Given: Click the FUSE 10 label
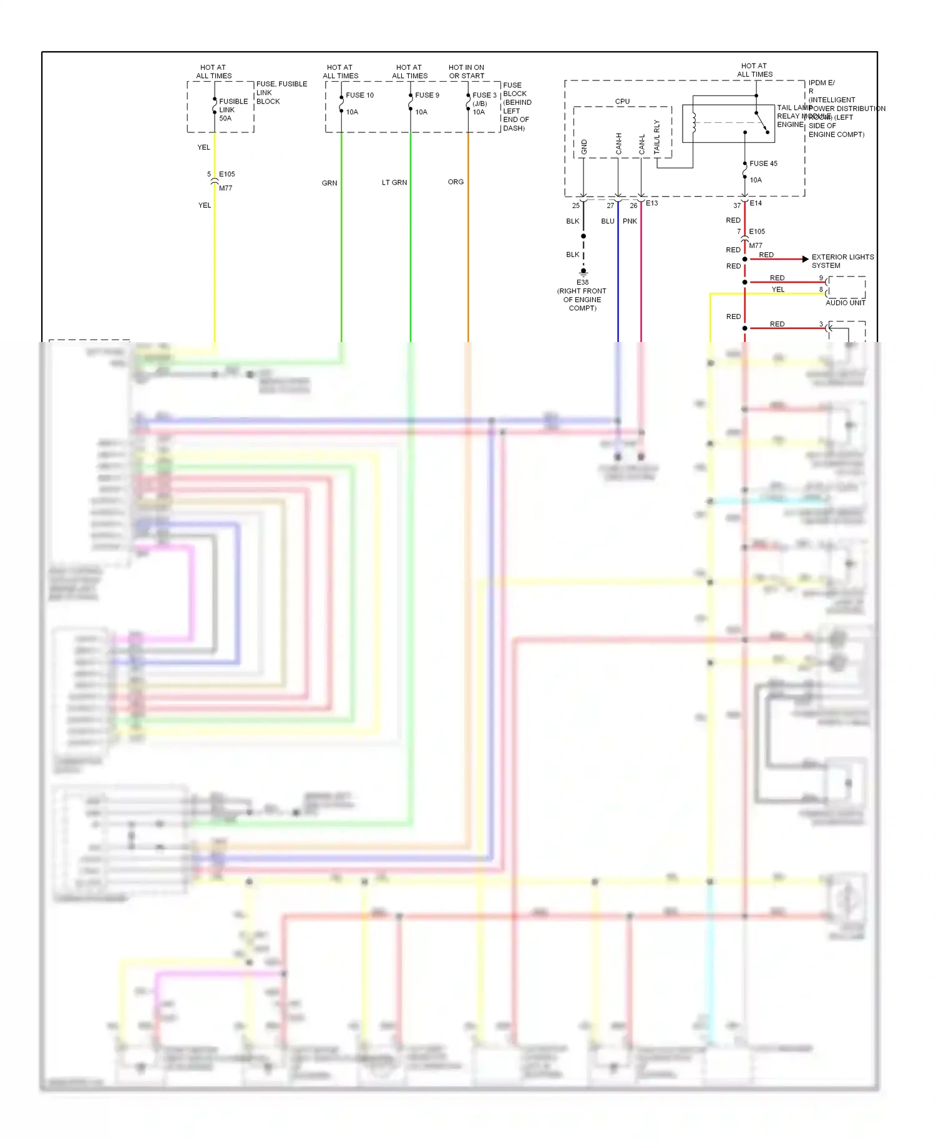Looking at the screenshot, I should (359, 95).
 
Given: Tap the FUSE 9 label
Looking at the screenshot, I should (427, 95).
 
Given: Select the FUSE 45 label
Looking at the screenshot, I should (763, 164).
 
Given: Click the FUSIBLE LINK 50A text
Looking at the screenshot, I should (233, 110).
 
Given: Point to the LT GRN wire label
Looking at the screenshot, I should (394, 183).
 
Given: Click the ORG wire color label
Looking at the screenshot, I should (456, 182).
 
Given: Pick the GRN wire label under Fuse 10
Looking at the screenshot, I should (329, 184).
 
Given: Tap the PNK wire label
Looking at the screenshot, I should (630, 222).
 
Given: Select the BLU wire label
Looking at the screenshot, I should (608, 222).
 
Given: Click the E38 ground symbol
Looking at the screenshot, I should (583, 272).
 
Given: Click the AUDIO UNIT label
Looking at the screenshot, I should (845, 303).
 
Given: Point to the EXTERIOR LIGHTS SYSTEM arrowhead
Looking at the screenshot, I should (805, 258).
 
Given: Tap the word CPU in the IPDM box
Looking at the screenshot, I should (622, 101).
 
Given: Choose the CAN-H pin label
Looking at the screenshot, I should (619, 144).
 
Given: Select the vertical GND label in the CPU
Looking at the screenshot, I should (584, 147).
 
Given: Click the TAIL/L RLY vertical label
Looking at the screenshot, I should (656, 137).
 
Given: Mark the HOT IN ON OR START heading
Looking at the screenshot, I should (466, 72).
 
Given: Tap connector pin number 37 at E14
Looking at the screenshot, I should (737, 205).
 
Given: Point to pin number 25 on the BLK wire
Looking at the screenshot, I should (575, 205).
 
